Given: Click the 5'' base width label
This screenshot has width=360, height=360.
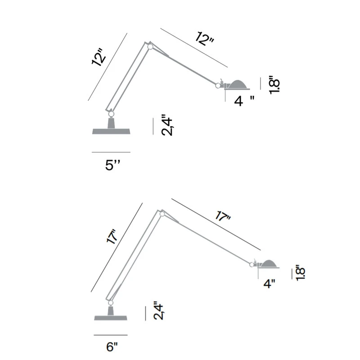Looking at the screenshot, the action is [112, 165].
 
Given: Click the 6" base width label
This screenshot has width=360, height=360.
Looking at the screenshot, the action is [112, 346].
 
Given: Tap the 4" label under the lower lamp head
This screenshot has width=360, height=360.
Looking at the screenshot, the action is [269, 284].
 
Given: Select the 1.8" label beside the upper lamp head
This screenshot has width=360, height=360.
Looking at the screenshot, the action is [274, 85].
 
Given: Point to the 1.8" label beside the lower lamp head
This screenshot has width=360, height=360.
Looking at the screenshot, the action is [300, 273].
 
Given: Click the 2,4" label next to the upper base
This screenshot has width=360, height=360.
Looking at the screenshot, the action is [167, 125].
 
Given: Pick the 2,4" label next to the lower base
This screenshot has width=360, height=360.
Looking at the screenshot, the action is [159, 310].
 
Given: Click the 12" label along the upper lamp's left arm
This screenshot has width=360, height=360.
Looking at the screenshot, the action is [99, 57].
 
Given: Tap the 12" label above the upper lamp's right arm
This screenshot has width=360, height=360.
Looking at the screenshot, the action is [205, 39].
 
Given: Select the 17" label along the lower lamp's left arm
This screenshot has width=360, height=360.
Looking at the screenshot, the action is [112, 237].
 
